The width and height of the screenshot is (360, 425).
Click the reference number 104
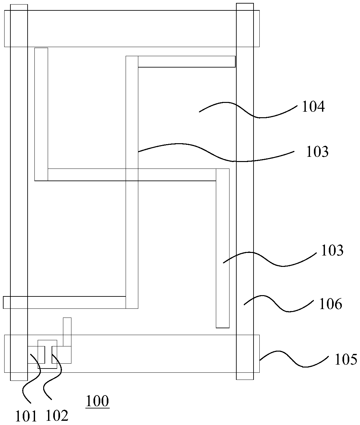click(313, 106)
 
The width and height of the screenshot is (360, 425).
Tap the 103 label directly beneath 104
click(317, 152)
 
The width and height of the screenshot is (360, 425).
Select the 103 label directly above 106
click(332, 251)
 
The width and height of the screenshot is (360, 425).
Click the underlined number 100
click(97, 401)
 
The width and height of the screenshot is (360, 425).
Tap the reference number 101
click(26, 416)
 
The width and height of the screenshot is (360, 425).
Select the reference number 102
click(57, 416)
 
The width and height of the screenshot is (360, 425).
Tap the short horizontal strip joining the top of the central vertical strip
click(186, 62)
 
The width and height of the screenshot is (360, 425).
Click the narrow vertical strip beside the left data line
click(41, 114)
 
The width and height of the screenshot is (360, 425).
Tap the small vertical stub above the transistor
click(67, 331)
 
